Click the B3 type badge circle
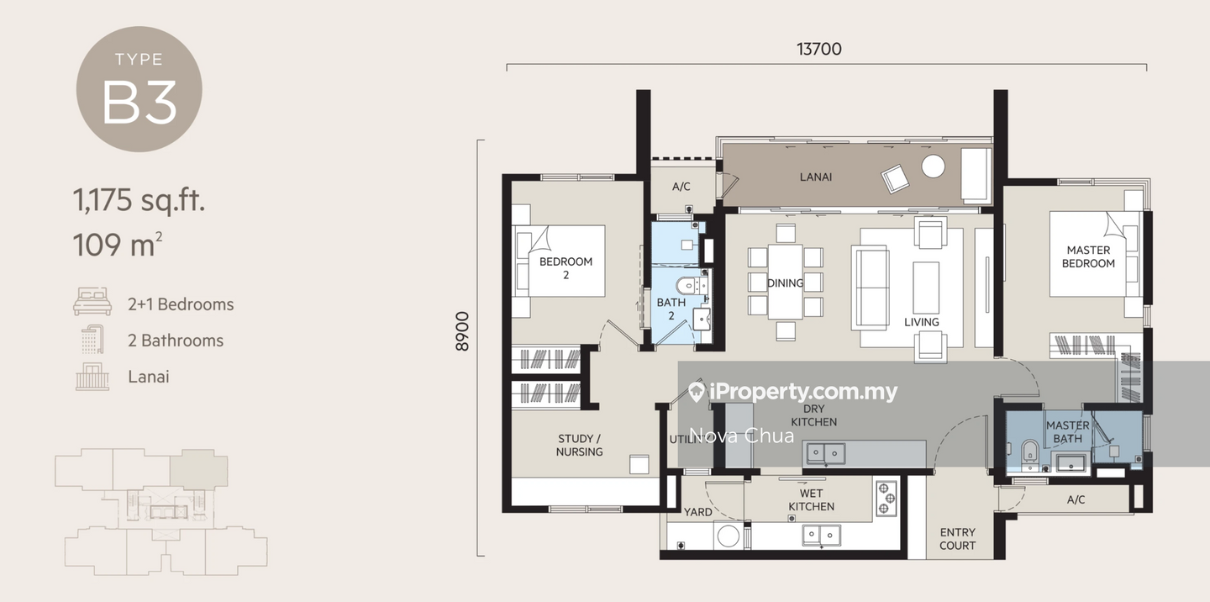(x=139, y=89)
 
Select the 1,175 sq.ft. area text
(x=139, y=201)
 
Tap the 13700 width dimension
(x=818, y=49)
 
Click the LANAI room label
(x=815, y=177)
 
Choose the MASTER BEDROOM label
(x=1088, y=256)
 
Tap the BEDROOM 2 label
(x=566, y=267)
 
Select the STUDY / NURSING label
(x=579, y=445)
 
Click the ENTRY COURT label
(x=957, y=538)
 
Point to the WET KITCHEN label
(x=811, y=499)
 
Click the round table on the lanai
(x=933, y=166)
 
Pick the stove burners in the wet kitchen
(x=886, y=498)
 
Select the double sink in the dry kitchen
(x=825, y=453)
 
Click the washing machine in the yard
(x=728, y=535)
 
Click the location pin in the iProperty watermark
(x=696, y=392)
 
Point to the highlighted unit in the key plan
(x=198, y=467)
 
